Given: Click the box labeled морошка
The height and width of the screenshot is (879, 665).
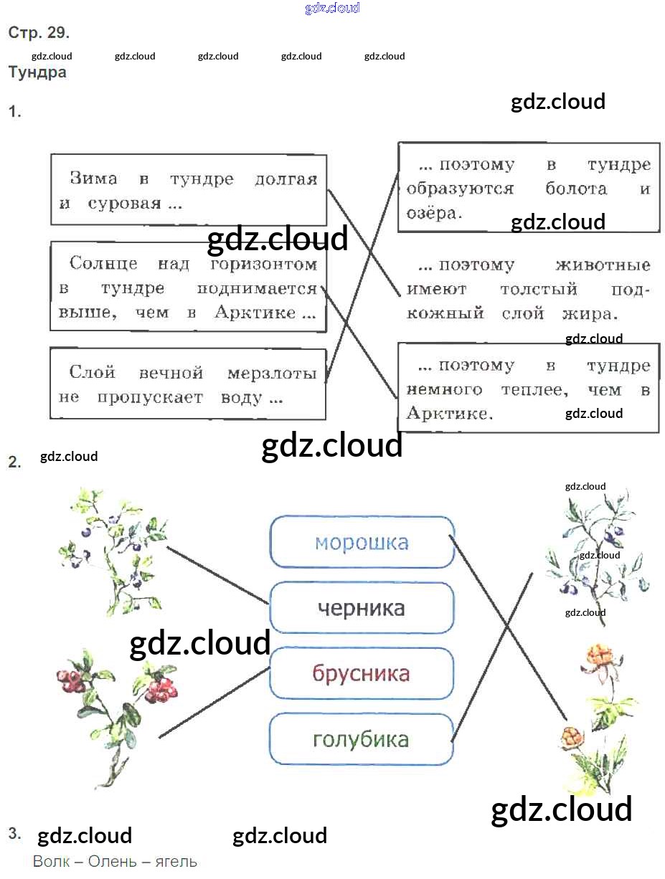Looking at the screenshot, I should tap(362, 542).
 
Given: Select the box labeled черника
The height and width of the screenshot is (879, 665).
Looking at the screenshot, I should tap(362, 608).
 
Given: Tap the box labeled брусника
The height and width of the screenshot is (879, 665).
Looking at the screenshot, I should tap(361, 673).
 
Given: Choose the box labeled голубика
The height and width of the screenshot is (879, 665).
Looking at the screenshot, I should tap(361, 739).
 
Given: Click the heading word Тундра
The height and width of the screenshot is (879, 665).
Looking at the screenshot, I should tap(37, 72).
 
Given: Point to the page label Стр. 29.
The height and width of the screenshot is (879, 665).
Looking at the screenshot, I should tap(39, 33).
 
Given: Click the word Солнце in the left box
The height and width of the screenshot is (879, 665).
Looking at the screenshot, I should tap(103, 264).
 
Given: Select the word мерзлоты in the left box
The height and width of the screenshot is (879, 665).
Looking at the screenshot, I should tap(272, 373).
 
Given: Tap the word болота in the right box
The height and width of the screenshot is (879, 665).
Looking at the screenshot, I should tap(576, 189).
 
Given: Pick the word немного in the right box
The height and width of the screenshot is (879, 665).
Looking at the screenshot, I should tap(444, 390).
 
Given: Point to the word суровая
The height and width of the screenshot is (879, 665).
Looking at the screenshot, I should tap(125, 204).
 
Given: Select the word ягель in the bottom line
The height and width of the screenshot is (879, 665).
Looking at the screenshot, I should tap(176, 861).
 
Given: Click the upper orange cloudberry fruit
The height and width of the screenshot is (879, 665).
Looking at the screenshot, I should tap(598, 655).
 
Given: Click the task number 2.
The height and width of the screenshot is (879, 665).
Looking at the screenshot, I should tap(15, 462).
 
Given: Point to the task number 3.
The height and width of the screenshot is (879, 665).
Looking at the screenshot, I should tap(15, 833).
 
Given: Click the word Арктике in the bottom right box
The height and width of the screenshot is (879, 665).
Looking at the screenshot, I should tap(449, 414).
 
